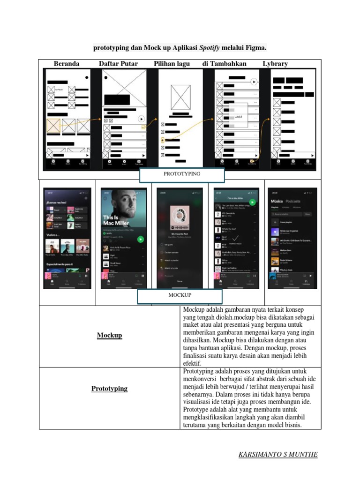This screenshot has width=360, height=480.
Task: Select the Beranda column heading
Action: click(x=67, y=64)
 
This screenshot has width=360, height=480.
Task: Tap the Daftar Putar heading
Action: click(x=118, y=64)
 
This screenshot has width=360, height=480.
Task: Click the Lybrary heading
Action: click(x=275, y=64)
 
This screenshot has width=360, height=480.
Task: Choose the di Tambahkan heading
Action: click(x=224, y=64)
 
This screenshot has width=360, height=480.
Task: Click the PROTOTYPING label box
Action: click(x=182, y=174)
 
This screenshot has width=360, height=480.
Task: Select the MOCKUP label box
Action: click(x=180, y=295)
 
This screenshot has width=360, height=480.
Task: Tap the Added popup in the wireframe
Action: click(x=238, y=116)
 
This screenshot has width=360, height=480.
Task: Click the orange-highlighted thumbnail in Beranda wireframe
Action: click(x=53, y=126)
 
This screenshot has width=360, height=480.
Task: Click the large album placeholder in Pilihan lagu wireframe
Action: click(x=181, y=97)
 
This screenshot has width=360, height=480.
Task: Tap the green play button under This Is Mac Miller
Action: click(x=140, y=239)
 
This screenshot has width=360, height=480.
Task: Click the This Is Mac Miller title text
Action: click(x=116, y=220)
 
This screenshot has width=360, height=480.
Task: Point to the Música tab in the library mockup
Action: click(x=277, y=201)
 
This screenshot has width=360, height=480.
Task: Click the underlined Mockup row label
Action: click(x=109, y=335)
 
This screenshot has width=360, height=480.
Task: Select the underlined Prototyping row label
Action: click(x=109, y=389)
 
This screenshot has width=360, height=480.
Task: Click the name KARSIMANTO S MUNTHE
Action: click(x=278, y=455)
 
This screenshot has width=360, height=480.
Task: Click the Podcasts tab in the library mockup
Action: click(x=293, y=201)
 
